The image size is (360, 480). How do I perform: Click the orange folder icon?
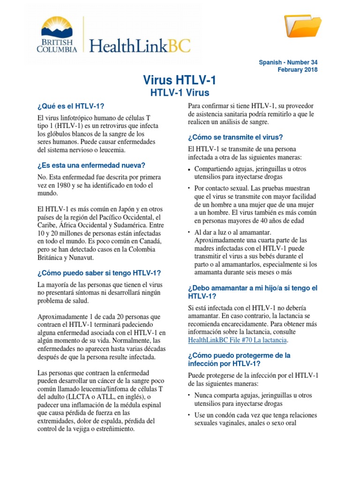pyautogui.click(x=303, y=26)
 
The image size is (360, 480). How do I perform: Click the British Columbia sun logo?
pyautogui.click(x=57, y=27)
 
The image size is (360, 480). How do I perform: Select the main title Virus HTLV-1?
pyautogui.click(x=180, y=81)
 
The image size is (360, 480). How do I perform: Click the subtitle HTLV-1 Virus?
pyautogui.click(x=180, y=93)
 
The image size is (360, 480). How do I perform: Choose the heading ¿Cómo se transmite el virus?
pyautogui.click(x=235, y=137)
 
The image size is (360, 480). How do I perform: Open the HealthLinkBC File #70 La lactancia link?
pyautogui.click(x=238, y=339)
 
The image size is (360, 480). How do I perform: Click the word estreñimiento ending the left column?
pyautogui.click(x=112, y=429)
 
